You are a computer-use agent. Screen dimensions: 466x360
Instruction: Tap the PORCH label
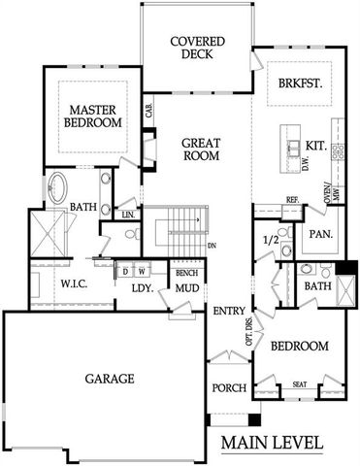[230, 388]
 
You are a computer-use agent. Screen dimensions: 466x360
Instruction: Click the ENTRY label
[230, 310]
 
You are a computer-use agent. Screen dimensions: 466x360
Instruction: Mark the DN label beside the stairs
[211, 246]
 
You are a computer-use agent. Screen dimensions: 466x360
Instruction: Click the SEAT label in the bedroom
[300, 384]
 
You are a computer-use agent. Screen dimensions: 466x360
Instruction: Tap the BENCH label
[186, 273]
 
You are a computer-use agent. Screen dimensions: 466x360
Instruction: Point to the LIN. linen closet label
[127, 213]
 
